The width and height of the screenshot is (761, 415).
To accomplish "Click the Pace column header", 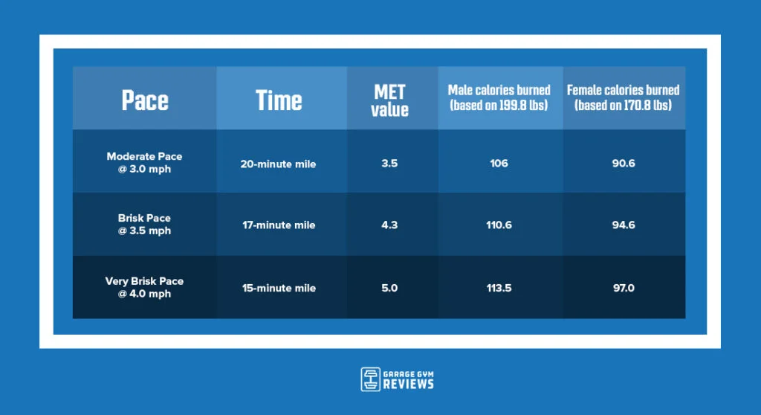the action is pos(145,100).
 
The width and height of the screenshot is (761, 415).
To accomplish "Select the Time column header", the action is pos(279,100).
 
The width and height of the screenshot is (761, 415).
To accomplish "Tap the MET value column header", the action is pos(389,100).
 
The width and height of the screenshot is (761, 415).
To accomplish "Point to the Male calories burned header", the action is pos(499,97).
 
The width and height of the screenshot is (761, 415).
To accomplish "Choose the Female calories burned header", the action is pos(624,97).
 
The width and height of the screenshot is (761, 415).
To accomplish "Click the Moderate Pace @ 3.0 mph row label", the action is pos(145,163).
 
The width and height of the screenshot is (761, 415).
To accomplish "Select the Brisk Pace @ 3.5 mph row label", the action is pos(145,225).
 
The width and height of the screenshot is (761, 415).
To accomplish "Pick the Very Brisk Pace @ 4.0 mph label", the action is pos(145,287).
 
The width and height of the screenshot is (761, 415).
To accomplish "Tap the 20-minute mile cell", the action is pos(278,164).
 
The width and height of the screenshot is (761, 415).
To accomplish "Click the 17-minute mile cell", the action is pos(279,225).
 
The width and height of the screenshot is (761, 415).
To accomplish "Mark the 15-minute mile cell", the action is pos(279,288).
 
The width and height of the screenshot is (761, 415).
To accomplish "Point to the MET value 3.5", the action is pos(389,164).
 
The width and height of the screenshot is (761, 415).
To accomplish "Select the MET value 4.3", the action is pos(389,225).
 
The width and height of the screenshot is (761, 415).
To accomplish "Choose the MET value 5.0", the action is pos(389,288).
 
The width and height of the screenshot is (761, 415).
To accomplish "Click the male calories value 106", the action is pos(499,164).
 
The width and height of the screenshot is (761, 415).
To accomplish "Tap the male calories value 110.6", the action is pos(499,225).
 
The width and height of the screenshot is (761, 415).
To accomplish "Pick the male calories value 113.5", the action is pos(499,288).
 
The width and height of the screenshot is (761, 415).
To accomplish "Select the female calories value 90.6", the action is pos(624,164).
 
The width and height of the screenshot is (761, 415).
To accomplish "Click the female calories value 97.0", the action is pos(624,288).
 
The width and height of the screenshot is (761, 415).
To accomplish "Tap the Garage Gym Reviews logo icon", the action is pos(370,379).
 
